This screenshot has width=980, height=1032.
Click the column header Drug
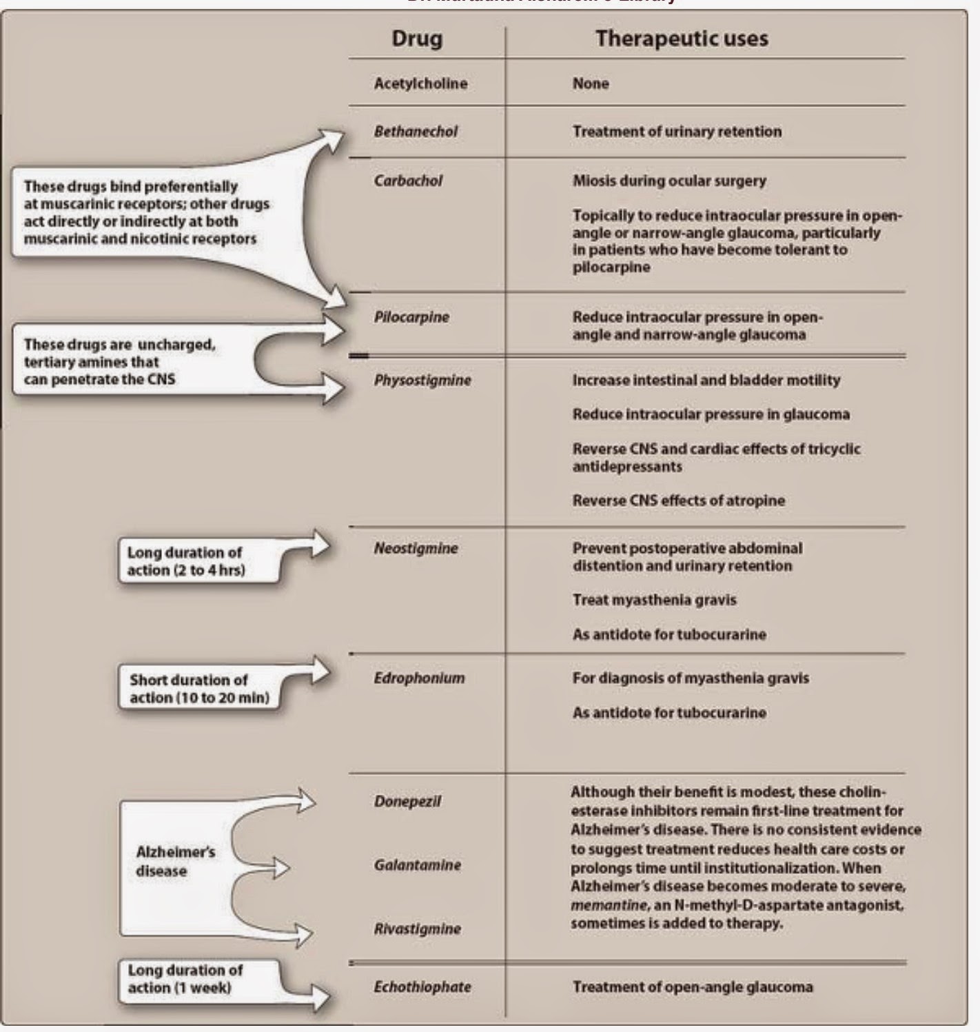(416, 38)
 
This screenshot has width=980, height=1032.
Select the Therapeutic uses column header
(681, 38)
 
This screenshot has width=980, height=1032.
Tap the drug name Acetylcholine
(420, 83)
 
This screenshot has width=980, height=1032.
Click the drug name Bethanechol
(416, 131)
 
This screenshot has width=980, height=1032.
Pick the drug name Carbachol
(408, 181)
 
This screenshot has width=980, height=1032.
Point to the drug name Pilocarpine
(411, 317)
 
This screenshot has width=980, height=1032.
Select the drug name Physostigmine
(422, 380)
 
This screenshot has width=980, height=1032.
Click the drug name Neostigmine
(416, 548)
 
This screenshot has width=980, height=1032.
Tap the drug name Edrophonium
(419, 678)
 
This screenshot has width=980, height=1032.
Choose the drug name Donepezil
(407, 801)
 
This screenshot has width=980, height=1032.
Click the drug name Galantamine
(418, 864)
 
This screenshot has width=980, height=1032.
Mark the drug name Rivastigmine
(417, 929)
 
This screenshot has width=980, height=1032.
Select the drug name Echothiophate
(422, 987)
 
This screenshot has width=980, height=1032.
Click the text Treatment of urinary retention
(677, 131)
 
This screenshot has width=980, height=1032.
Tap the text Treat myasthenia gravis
(654, 600)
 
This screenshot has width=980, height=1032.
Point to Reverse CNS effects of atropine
(678, 500)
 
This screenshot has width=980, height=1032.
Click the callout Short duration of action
(199, 689)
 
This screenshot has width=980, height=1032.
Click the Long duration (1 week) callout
(185, 978)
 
